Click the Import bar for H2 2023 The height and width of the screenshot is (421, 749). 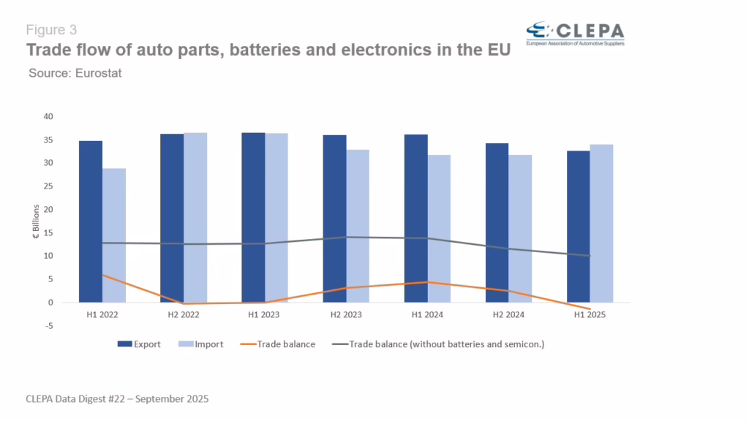point(358,226)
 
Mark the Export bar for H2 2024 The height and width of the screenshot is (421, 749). point(497,222)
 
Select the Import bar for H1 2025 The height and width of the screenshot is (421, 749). point(601,223)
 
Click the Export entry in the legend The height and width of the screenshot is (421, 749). point(142,344)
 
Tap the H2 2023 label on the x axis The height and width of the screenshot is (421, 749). point(346,314)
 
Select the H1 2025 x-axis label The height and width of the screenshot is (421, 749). point(590,314)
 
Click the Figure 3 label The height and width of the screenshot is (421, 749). point(51,30)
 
